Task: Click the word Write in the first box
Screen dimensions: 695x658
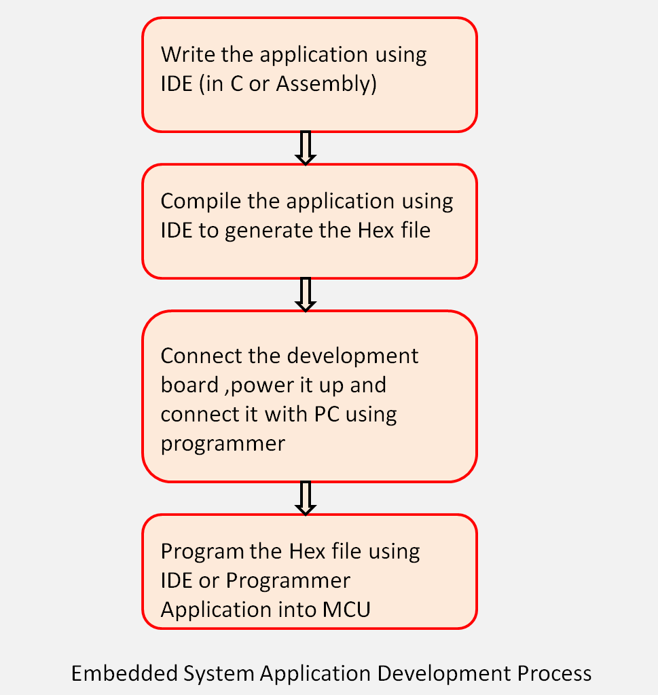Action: [182, 54]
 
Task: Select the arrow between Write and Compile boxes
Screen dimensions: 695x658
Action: [306, 148]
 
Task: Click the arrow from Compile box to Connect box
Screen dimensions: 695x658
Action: [306, 294]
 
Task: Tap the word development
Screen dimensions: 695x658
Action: [353, 356]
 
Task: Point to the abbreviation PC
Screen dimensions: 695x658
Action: [326, 414]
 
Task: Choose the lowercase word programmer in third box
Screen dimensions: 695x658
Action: [223, 444]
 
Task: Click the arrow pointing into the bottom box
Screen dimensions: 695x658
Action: [306, 497]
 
